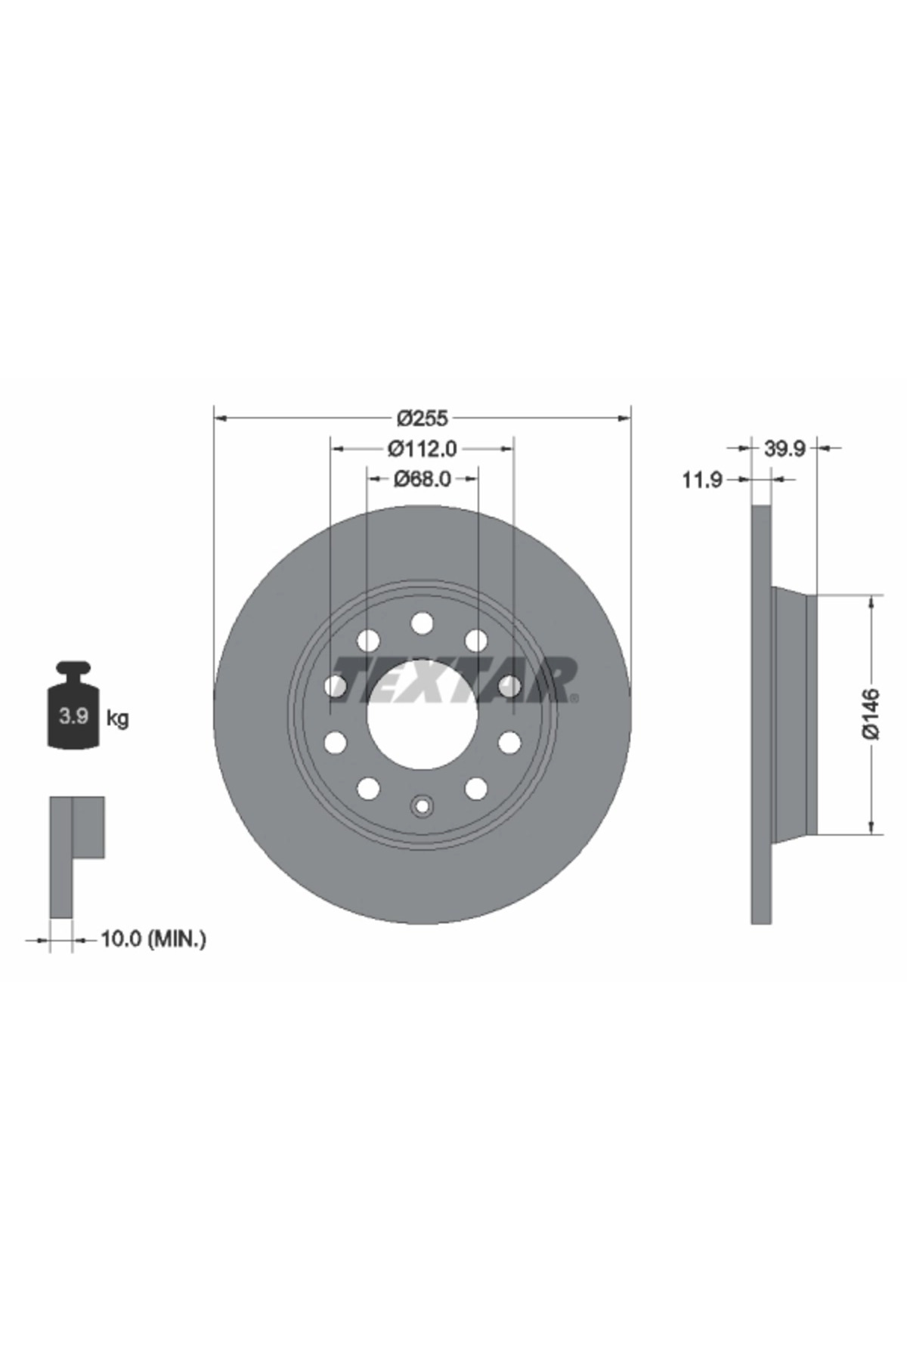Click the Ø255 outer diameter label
coord(423,417)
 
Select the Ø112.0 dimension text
coord(423,449)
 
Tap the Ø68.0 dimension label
coord(423,479)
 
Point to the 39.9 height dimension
coord(785,449)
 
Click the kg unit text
coord(118,718)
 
